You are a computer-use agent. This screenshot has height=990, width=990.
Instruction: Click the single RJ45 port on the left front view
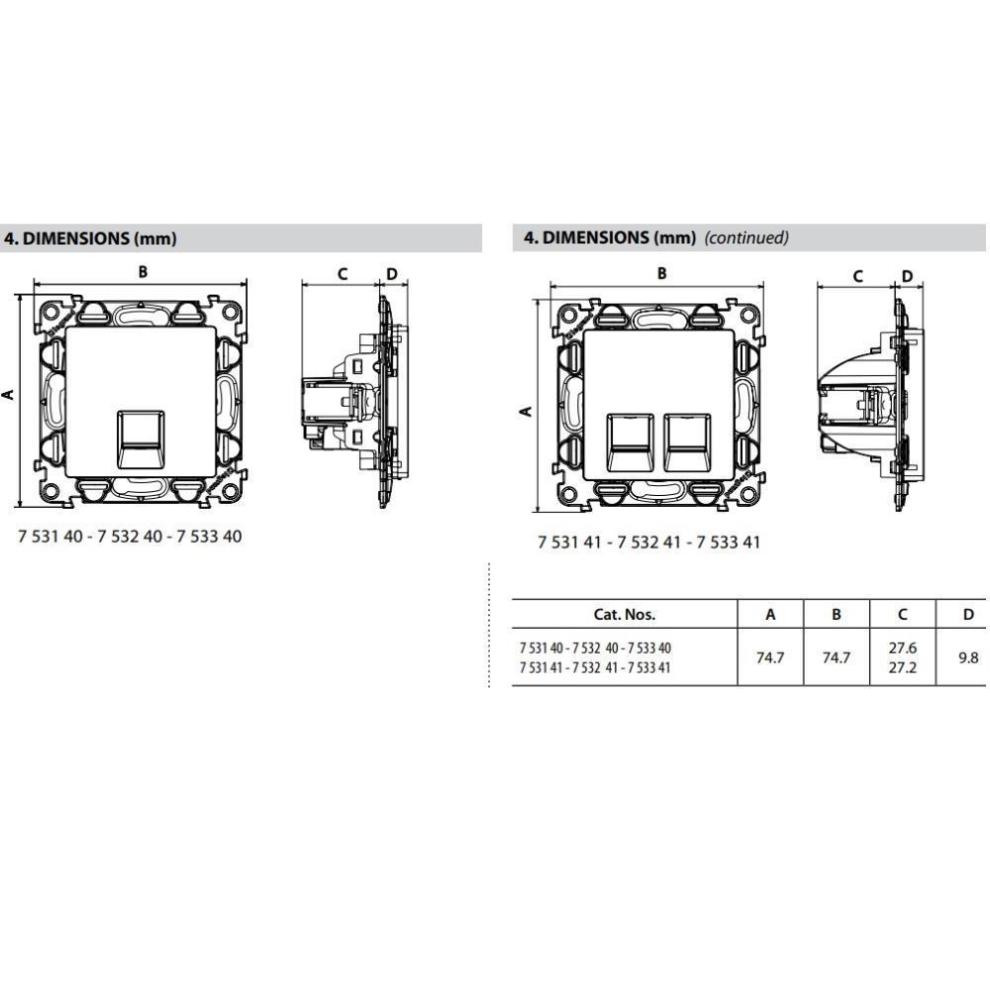click(x=141, y=440)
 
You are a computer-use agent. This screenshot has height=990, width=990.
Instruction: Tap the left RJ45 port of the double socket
click(x=630, y=444)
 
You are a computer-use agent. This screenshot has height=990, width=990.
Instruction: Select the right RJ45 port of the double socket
click(x=688, y=444)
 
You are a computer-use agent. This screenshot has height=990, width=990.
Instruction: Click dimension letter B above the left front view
click(x=143, y=271)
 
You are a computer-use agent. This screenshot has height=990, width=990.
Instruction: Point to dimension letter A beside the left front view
click(x=8, y=395)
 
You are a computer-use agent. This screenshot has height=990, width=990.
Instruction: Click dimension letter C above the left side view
click(x=343, y=274)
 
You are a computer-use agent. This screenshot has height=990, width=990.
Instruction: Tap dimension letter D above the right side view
click(x=907, y=276)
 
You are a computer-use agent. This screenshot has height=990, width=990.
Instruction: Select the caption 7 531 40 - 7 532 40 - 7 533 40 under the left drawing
click(x=130, y=537)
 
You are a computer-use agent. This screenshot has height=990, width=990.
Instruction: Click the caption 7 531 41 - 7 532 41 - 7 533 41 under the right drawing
click(x=649, y=543)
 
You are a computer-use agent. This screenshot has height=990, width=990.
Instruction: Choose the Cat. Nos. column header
click(x=625, y=614)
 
